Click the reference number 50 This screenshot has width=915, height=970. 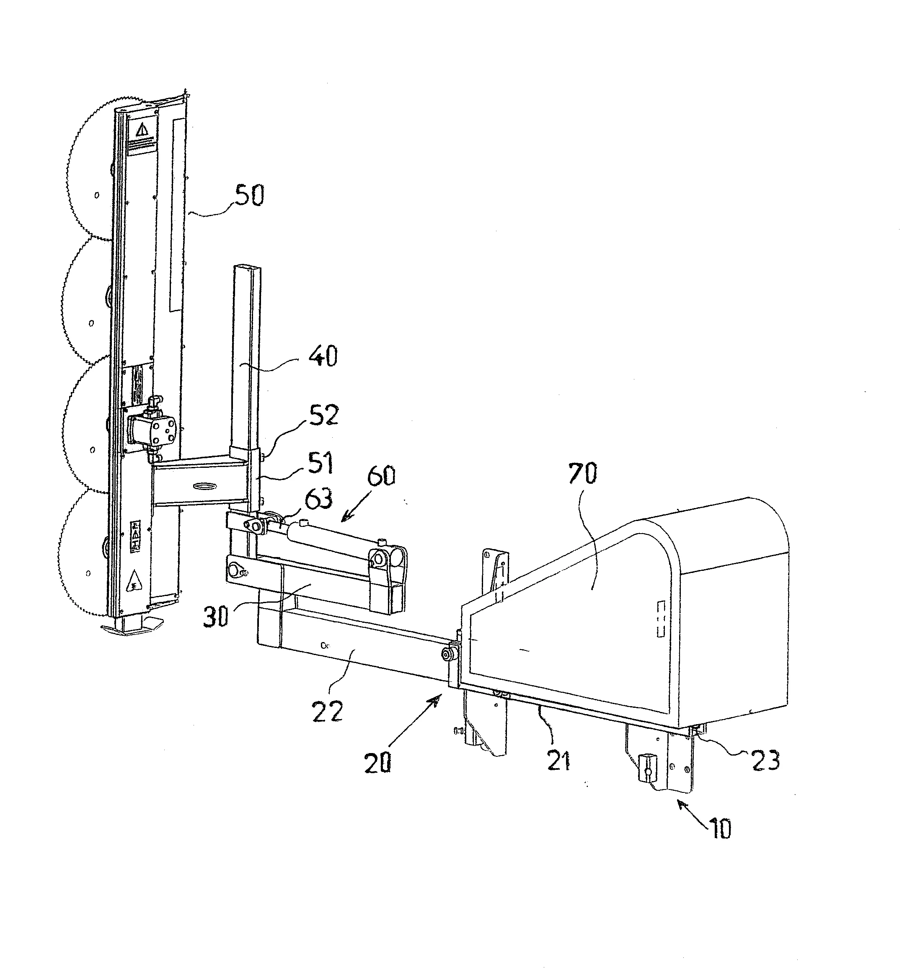pyautogui.click(x=249, y=195)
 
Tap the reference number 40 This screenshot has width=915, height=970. pyautogui.click(x=323, y=356)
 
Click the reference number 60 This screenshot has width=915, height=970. pyautogui.click(x=381, y=475)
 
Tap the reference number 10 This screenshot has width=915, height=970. pyautogui.click(x=719, y=828)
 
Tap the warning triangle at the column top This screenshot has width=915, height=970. pyautogui.click(x=142, y=130)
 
